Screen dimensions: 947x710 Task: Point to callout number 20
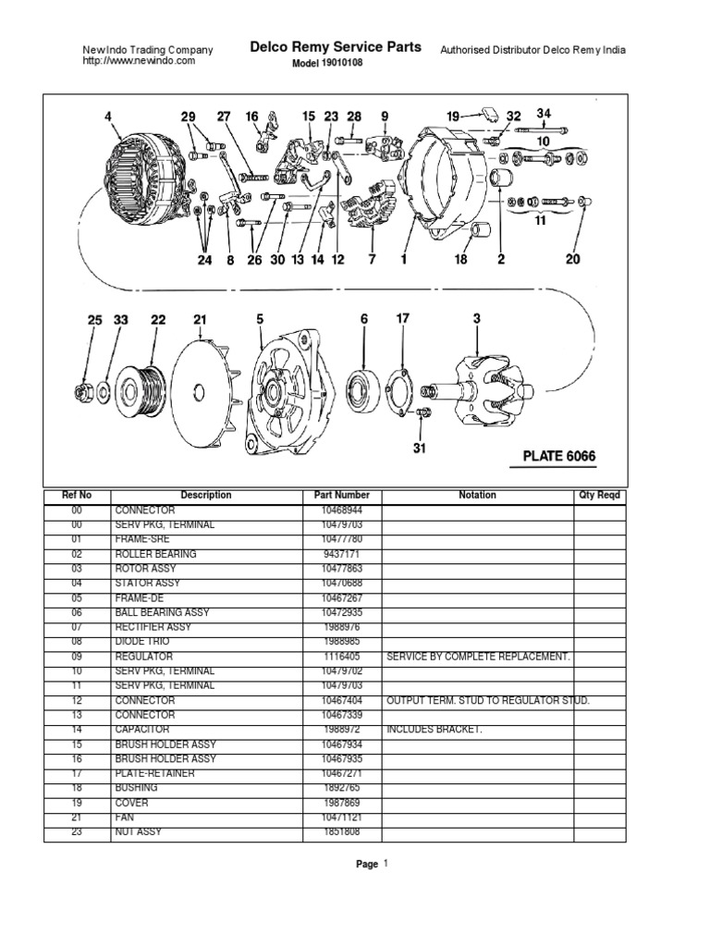coord(572,260)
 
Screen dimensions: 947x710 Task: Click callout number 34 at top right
coord(544,114)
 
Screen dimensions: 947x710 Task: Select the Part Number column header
coord(341,496)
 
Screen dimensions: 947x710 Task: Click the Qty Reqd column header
coord(600,496)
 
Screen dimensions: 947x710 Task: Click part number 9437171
coord(341,554)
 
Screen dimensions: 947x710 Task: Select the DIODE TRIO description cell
coord(139,642)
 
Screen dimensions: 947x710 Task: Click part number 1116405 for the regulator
coord(341,657)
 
